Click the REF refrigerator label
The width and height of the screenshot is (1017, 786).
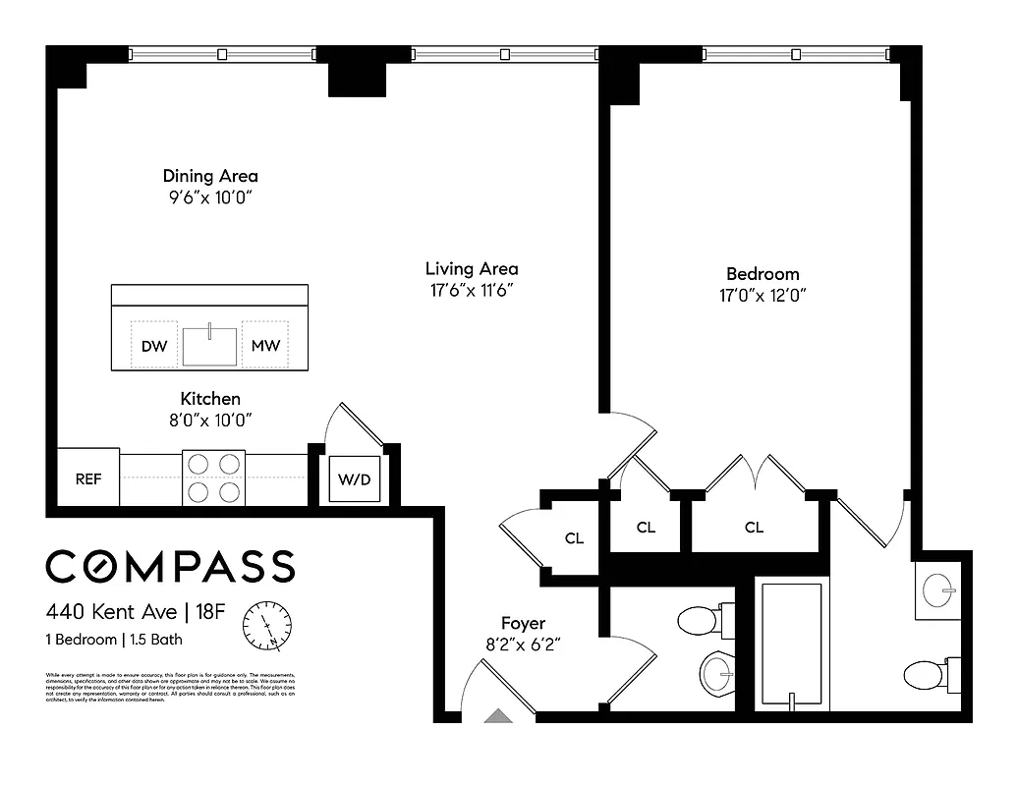(89, 479)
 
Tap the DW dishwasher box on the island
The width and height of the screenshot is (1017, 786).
(154, 346)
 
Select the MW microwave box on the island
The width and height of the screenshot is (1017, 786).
(265, 346)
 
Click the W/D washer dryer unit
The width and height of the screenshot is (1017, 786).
(354, 480)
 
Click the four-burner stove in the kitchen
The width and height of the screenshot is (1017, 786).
(214, 477)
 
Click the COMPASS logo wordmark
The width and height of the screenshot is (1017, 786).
(170, 566)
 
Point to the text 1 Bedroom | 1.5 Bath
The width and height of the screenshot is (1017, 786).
(114, 640)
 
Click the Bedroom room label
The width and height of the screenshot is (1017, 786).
(763, 274)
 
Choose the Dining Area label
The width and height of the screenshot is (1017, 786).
(210, 176)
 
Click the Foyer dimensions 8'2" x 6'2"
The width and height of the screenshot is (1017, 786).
(523, 645)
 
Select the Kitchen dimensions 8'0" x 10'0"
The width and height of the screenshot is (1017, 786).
(210, 420)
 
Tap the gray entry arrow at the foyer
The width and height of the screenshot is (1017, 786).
(497, 716)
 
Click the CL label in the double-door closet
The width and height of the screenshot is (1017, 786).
(754, 528)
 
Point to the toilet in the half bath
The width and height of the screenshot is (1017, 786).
(703, 620)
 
